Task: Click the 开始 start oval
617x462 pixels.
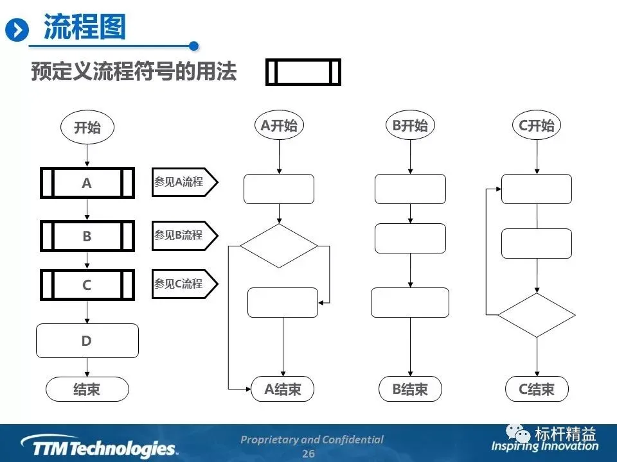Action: tap(87, 127)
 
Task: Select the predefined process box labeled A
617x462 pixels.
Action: tap(87, 183)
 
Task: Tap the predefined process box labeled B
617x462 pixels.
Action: tap(87, 236)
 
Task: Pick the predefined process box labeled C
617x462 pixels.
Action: tap(87, 285)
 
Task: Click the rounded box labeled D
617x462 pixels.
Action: tap(87, 341)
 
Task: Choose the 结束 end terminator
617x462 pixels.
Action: tap(87, 389)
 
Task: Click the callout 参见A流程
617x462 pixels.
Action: tap(183, 182)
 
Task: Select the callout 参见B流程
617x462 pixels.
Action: tap(183, 235)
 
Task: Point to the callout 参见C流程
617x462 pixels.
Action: tap(183, 284)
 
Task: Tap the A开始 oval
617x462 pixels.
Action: tap(279, 126)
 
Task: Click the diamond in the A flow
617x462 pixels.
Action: tap(279, 245)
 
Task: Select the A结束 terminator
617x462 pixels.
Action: tap(283, 389)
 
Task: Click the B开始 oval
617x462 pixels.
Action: tap(410, 126)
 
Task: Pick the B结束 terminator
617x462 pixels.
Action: tap(410, 389)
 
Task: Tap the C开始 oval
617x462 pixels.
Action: tap(536, 126)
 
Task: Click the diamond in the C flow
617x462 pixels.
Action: tap(536, 315)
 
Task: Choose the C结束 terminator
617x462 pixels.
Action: tap(536, 389)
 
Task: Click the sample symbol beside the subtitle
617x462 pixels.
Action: tap(303, 72)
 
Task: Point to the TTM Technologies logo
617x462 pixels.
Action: tap(99, 447)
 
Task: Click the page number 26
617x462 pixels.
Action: tap(308, 454)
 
